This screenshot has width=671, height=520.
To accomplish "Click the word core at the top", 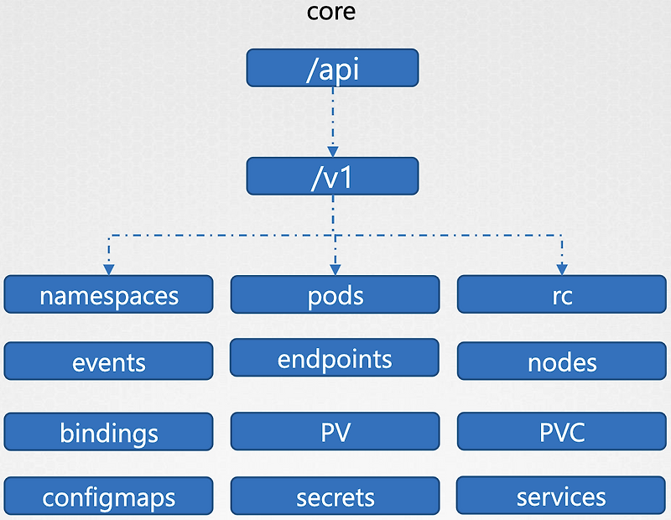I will [x=331, y=13].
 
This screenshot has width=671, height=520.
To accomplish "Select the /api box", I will [x=332, y=67].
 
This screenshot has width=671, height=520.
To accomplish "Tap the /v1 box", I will [x=332, y=175].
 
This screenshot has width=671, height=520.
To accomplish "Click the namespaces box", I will [x=109, y=295].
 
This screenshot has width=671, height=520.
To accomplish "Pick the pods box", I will [x=335, y=295].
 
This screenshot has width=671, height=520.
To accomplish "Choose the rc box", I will [x=561, y=295].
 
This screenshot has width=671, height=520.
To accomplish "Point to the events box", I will [x=109, y=361].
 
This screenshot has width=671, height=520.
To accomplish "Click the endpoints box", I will [x=335, y=358].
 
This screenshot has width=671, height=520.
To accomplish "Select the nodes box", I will [x=561, y=361].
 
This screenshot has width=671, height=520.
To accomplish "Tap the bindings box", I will [x=109, y=432].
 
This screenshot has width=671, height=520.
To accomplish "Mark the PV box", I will [x=335, y=432].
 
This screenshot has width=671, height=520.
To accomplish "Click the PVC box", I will [x=561, y=432].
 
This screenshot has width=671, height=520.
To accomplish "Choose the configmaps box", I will [x=109, y=497].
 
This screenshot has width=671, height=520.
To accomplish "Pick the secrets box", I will [x=335, y=497].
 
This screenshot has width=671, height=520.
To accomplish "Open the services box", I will [x=561, y=497].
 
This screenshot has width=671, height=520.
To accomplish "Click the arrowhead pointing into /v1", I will [x=333, y=152].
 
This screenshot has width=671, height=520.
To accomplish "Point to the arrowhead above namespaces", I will [x=109, y=268].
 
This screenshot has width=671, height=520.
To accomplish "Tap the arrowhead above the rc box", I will [x=561, y=268].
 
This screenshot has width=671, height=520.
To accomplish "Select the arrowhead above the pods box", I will [x=334, y=268].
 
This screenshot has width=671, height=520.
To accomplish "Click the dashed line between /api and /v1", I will [x=333, y=117].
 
